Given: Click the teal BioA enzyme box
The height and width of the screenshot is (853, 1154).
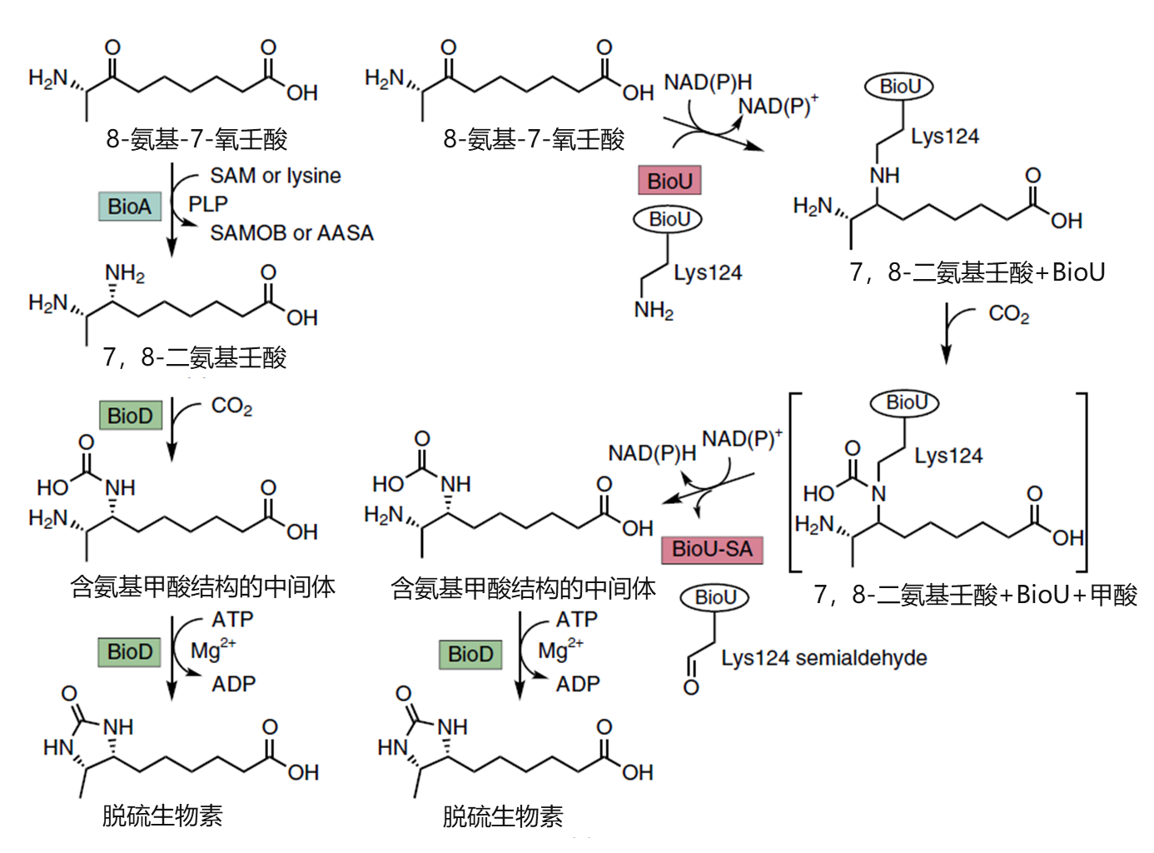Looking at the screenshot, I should coord(129,207).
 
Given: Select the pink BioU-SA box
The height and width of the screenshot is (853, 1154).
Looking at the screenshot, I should coord(712,549).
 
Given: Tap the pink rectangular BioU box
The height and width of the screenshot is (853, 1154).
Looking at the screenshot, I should coord(669,181).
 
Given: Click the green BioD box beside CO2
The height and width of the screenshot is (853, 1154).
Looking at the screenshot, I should coord(130,415).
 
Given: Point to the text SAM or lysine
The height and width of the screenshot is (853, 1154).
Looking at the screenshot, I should coord(275,176).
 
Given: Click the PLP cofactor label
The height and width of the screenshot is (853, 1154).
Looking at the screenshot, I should coord(207,204).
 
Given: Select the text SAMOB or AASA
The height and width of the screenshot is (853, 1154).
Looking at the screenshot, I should coord(291,233).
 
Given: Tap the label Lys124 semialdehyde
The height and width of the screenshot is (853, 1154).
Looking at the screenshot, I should coord(823,658).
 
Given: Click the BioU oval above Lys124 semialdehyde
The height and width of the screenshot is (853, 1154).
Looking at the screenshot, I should coord(715,597).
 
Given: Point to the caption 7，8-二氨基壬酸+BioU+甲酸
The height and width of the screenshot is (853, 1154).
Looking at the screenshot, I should coord(975,595).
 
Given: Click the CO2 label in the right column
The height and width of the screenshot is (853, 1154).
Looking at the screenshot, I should coord(1008,314).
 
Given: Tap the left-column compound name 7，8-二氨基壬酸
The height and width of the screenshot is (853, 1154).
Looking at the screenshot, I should coord(195,357).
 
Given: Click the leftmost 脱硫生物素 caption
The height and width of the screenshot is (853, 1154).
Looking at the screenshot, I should coord(162,816).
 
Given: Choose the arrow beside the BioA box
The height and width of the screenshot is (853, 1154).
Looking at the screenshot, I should coord(172,208).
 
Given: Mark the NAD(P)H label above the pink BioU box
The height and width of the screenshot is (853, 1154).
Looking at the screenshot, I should coord(707,82).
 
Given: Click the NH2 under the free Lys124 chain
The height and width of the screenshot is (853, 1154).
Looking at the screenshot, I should coord(654,311).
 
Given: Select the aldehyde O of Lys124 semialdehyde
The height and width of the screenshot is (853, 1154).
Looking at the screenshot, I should coord(691,688).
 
